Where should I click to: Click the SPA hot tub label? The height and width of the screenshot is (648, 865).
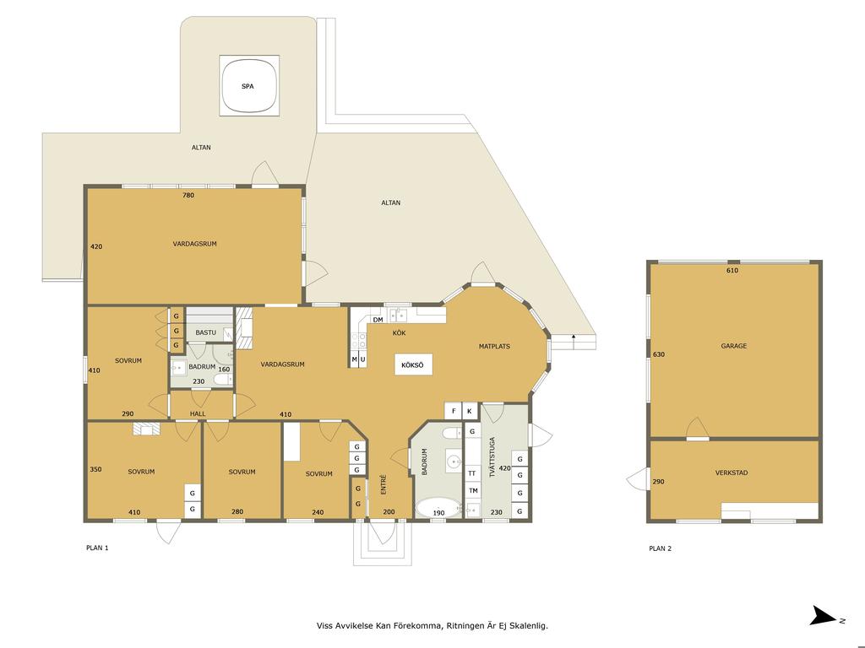(248, 87)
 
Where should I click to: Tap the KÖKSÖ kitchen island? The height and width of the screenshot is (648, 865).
(412, 364)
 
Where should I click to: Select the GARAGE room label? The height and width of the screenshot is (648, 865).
(734, 346)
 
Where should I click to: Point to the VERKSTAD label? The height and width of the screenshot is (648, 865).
(732, 472)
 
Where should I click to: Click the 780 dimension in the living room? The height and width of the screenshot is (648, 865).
(188, 195)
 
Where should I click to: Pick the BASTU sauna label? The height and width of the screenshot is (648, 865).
(206, 332)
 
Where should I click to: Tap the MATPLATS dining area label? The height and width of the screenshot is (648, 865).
(494, 347)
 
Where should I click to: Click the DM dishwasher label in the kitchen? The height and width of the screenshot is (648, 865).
(378, 320)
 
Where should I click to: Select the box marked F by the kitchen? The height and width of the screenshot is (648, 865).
(454, 411)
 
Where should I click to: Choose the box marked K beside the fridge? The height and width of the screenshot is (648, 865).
(470, 411)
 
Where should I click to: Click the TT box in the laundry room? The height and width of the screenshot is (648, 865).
(472, 473)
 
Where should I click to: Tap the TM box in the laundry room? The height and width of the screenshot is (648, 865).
(473, 490)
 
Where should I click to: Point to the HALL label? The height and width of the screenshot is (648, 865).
(198, 413)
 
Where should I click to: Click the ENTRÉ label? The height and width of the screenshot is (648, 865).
(384, 484)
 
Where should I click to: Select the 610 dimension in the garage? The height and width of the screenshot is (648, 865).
(732, 271)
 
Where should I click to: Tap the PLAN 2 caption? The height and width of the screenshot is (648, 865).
(661, 548)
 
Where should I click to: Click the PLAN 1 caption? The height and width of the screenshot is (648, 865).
(98, 548)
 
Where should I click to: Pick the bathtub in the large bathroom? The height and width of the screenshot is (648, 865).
(438, 507)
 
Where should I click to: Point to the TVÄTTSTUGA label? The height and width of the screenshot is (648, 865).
(492, 457)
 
